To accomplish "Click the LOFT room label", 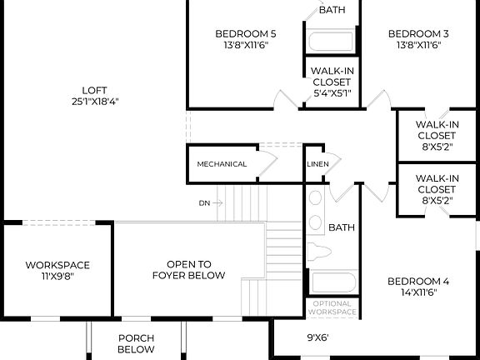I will [x=94, y=90].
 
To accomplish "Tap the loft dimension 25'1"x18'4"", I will [x=94, y=102].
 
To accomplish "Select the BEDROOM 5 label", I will [x=245, y=33].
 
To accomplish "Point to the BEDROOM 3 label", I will [x=417, y=33].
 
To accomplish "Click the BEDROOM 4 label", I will [x=417, y=281].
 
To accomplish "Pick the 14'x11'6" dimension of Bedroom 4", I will [x=417, y=293].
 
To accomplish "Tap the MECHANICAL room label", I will [x=222, y=164].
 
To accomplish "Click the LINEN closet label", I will [x=317, y=164].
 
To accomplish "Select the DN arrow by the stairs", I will [x=211, y=202].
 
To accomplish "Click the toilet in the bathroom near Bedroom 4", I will [x=321, y=252].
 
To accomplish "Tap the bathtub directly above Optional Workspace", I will [x=332, y=283].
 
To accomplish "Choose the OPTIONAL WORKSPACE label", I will [x=332, y=307].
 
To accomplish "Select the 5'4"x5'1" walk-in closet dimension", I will [x=332, y=94].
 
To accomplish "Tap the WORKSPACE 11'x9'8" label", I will [x=57, y=271].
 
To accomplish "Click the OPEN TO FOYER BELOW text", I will [x=188, y=269].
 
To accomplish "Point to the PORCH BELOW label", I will [x=136, y=343].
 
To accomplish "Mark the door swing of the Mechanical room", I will [x=268, y=161].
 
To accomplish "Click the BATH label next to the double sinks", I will [x=341, y=227].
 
